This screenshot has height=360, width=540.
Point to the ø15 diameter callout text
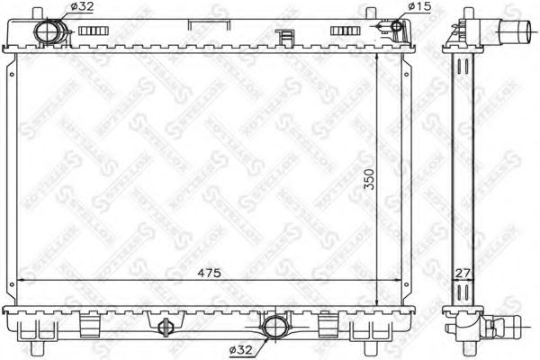point(422,8)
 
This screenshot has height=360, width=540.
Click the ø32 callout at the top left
point(80,8)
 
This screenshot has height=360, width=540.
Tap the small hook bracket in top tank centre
point(285,39)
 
